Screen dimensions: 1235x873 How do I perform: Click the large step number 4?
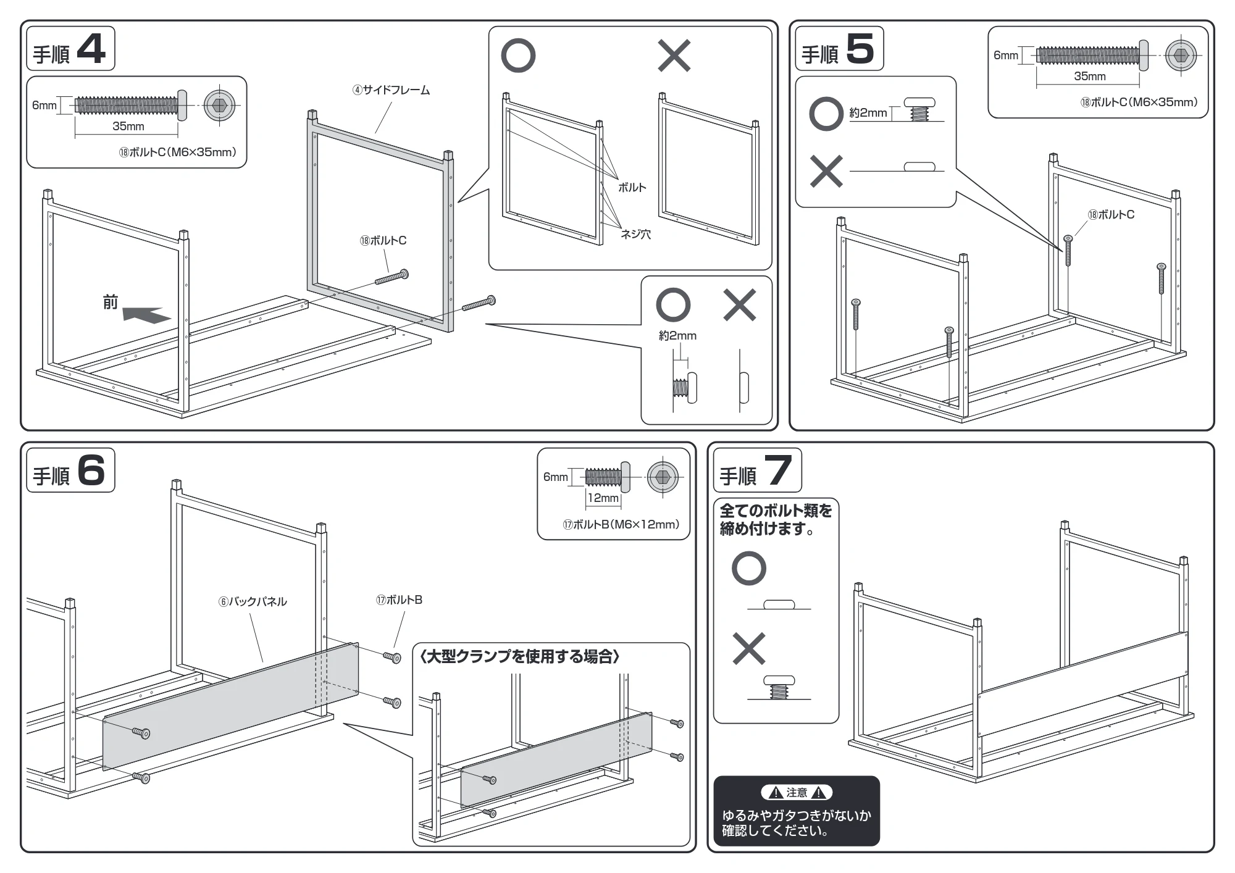coord(91,49)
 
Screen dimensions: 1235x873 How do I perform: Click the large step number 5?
coord(860,49)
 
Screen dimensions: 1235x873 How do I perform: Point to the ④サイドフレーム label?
coord(391,90)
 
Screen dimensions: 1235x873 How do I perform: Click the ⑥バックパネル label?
coord(253,601)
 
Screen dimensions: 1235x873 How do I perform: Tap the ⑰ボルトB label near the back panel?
coord(399,599)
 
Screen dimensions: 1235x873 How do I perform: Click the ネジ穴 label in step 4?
coord(635,234)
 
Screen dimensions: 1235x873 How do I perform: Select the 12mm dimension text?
coord(603,498)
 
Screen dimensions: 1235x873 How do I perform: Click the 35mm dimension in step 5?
coord(1089,76)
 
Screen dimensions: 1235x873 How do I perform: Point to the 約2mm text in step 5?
coord(868,113)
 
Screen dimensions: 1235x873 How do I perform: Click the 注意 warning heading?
coord(797,793)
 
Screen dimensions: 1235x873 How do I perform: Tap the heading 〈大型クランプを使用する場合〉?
coord(519,656)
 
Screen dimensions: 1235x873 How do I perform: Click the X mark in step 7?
coord(748,648)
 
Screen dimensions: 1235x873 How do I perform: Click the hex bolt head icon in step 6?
coord(663,477)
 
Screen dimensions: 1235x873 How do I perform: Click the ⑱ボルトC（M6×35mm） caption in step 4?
coord(177,152)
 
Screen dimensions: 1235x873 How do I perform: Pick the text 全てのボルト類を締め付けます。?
coord(776,519)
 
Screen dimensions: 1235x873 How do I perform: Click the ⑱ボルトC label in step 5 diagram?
coord(1111,215)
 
